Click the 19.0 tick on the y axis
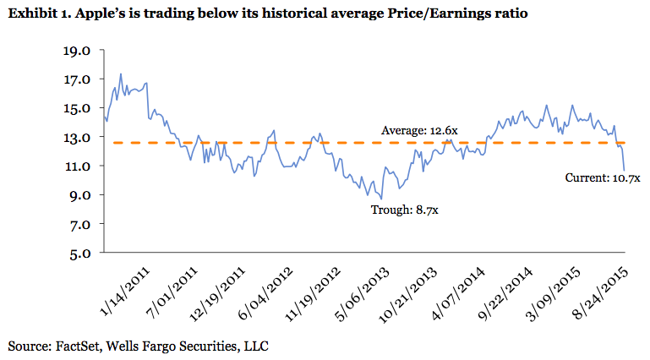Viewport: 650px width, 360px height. [77, 51]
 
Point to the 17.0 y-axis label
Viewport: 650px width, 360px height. [77, 79]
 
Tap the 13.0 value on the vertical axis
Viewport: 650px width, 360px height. [77, 137]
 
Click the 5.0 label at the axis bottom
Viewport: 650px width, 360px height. [79, 253]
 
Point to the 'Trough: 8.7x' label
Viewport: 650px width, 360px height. [405, 210]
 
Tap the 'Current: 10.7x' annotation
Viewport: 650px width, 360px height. [603, 179]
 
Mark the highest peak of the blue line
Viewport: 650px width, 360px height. [121, 74]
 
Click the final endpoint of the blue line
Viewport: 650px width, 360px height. [624, 170]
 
